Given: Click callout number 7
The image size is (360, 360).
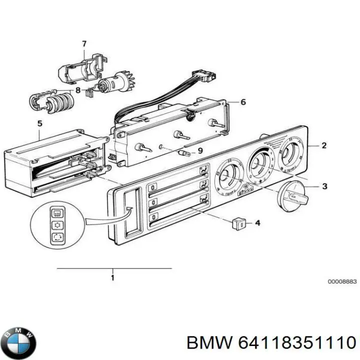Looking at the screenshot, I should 84,44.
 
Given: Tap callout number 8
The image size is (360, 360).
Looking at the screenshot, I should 77,90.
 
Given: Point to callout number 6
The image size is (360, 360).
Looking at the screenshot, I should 243,102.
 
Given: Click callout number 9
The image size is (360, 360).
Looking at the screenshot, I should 200,150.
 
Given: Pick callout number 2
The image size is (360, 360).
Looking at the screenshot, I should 323,145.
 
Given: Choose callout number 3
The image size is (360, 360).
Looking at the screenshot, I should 324,186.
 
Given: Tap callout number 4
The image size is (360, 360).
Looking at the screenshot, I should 257,222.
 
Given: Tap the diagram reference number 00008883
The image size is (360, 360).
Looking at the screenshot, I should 342,282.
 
